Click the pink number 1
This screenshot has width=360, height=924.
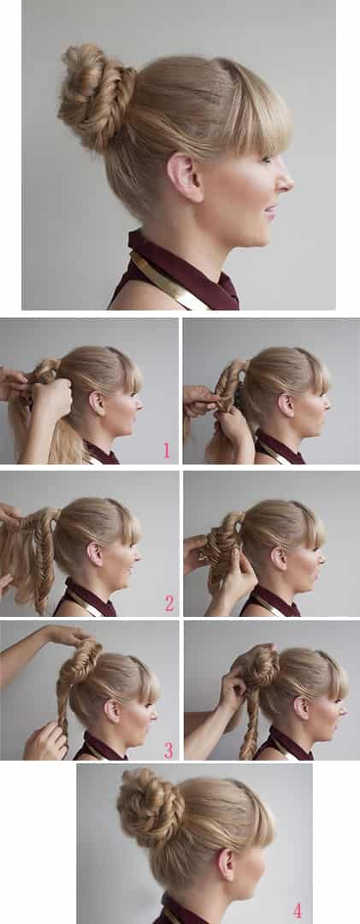(167, 451)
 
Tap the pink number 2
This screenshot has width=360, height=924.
(169, 603)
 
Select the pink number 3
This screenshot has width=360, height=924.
(168, 750)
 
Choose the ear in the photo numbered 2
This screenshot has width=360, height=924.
(94, 554)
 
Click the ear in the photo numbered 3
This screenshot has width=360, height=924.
(113, 710)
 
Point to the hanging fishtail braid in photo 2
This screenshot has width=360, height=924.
(43, 560)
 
